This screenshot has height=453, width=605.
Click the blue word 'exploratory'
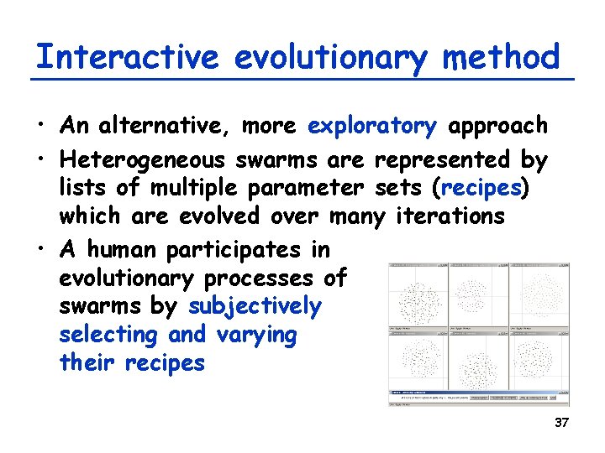tap(372, 127)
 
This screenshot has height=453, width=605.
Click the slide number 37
tap(561, 423)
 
